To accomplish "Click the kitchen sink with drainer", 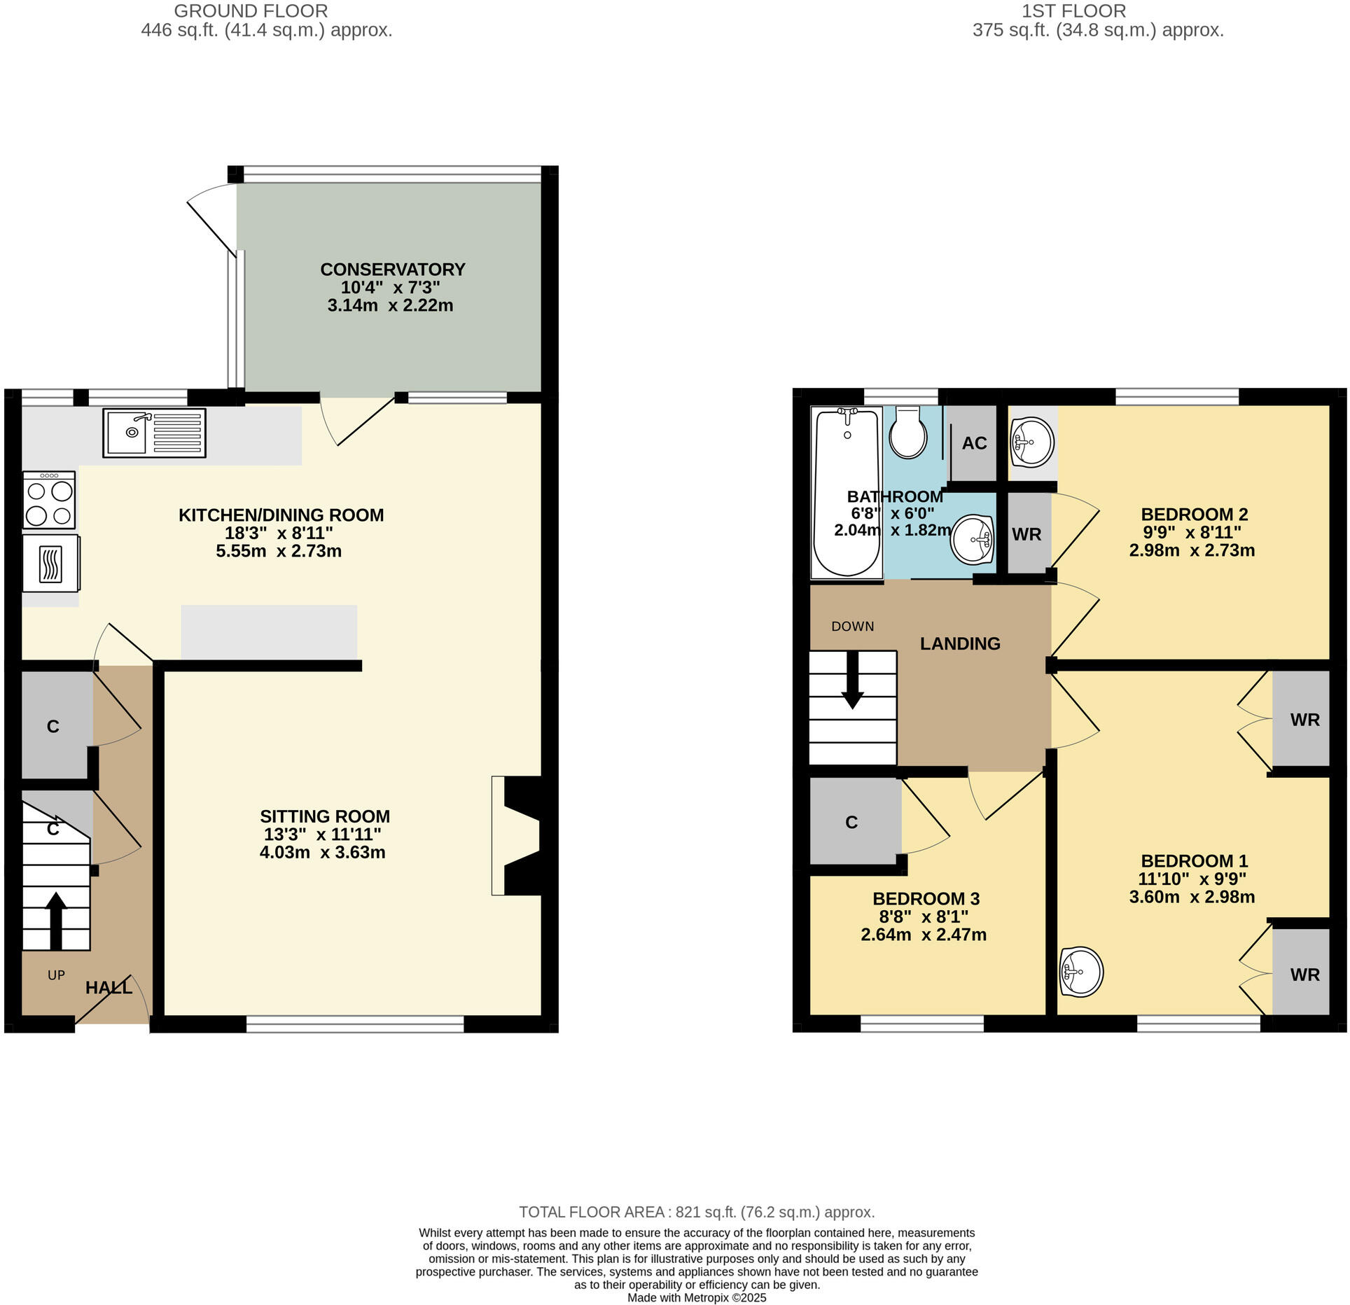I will click(155, 433).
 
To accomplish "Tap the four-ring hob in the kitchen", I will click(49, 500).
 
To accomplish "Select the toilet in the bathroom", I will click(908, 434).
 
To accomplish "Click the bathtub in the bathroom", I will click(847, 493).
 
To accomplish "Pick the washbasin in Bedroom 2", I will click(1032, 442).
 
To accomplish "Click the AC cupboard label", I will click(974, 443).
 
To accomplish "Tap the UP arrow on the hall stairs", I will click(56, 919).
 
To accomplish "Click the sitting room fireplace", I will click(518, 835).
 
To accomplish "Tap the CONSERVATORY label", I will click(392, 270).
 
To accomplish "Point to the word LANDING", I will click(959, 643).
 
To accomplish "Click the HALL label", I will click(109, 988).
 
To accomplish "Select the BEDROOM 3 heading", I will click(926, 898).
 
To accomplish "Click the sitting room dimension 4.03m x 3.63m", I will click(322, 853).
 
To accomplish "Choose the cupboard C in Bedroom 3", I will click(851, 822).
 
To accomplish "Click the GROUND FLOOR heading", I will click(251, 11).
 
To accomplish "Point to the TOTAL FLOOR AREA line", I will click(696, 1212).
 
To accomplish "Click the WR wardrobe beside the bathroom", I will click(1027, 534).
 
